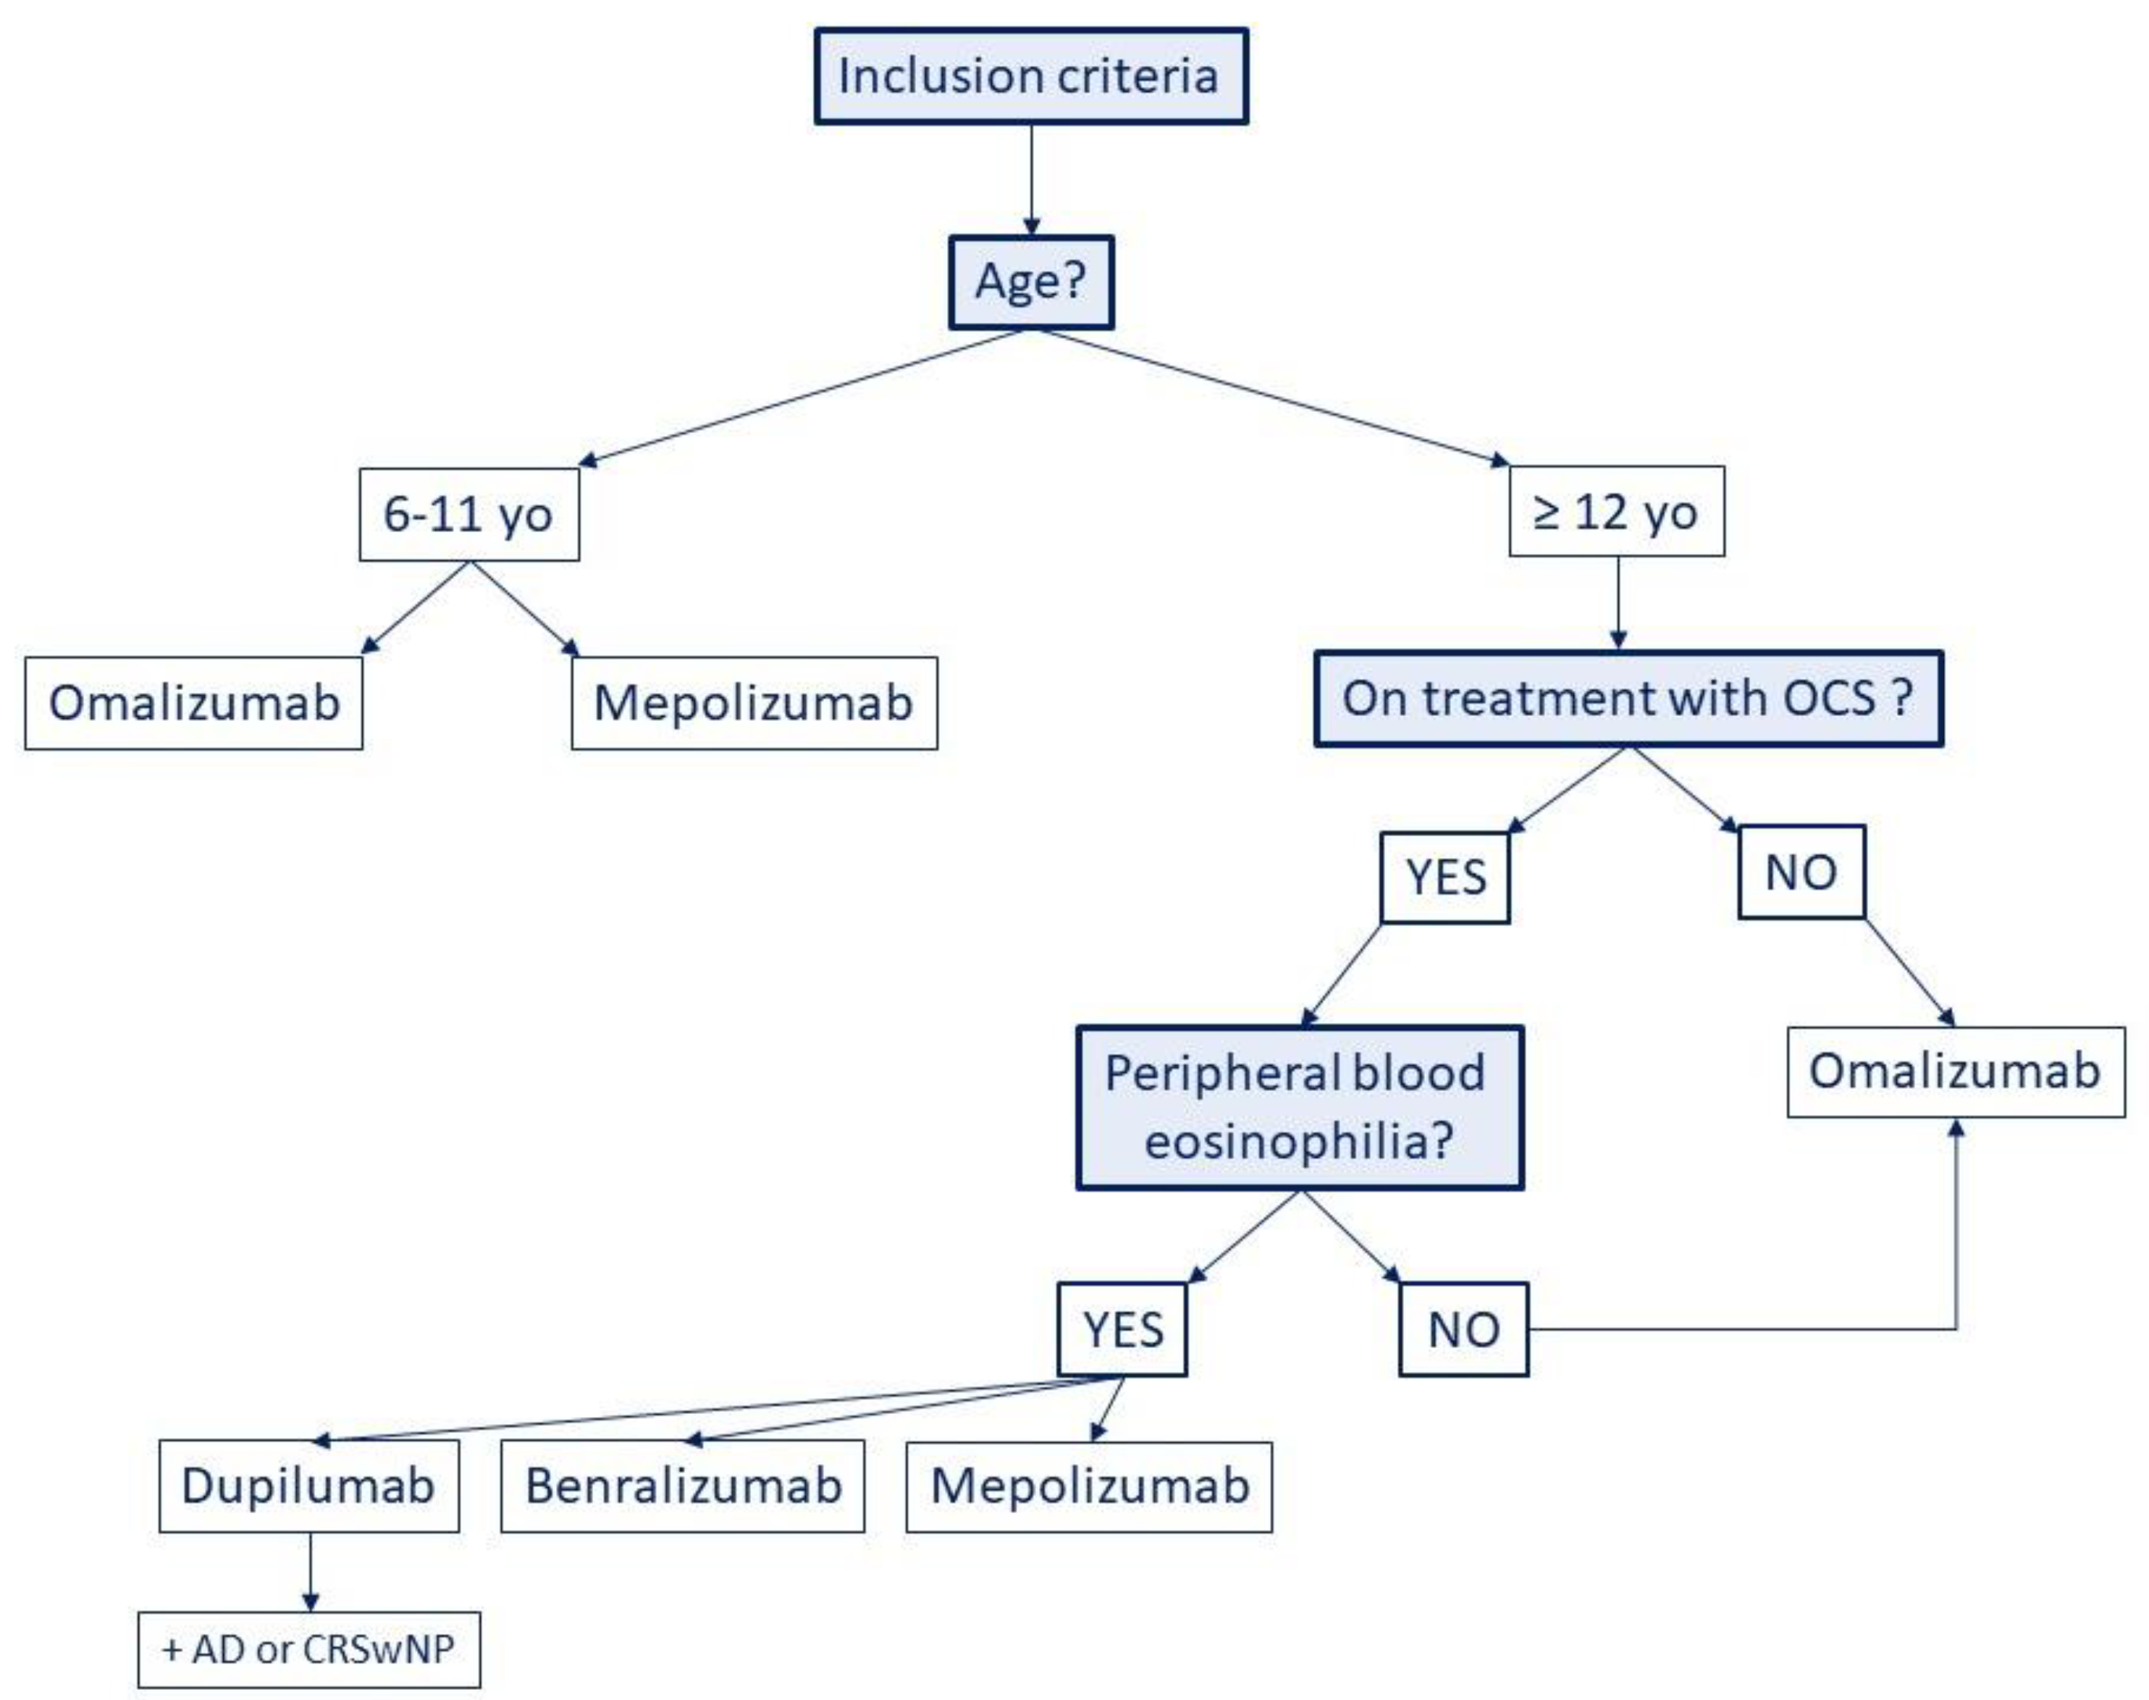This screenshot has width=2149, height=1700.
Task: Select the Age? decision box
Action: click(1030, 282)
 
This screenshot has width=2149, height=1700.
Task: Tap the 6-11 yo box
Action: click(468, 515)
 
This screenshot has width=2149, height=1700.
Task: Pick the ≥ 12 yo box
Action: click(1615, 512)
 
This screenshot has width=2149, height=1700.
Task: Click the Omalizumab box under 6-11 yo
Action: click(194, 703)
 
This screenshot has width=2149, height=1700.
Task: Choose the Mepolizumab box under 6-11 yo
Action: click(754, 703)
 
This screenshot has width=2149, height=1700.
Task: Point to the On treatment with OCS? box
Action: click(1628, 699)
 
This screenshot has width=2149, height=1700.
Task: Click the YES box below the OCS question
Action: click(1444, 877)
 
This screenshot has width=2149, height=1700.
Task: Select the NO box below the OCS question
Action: click(1801, 872)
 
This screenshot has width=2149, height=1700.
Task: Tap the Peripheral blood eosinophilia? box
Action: click(1299, 1108)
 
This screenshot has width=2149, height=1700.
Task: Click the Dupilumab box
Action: click(308, 1486)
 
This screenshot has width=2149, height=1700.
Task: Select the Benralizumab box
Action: click(683, 1486)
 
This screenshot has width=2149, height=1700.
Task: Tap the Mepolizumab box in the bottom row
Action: click(1089, 1486)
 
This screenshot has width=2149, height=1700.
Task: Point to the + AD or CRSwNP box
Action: click(308, 1649)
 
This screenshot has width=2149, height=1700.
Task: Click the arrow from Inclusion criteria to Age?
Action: click(1031, 179)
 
